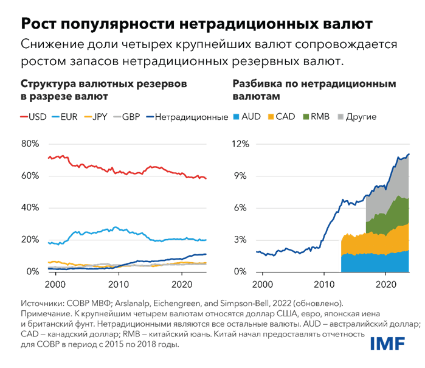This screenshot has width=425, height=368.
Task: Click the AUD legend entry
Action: click(249, 116)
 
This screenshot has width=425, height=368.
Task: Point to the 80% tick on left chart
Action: click(30, 144)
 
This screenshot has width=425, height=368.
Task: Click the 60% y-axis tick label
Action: click(30, 176)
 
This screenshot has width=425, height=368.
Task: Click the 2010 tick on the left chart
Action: click(119, 283)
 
